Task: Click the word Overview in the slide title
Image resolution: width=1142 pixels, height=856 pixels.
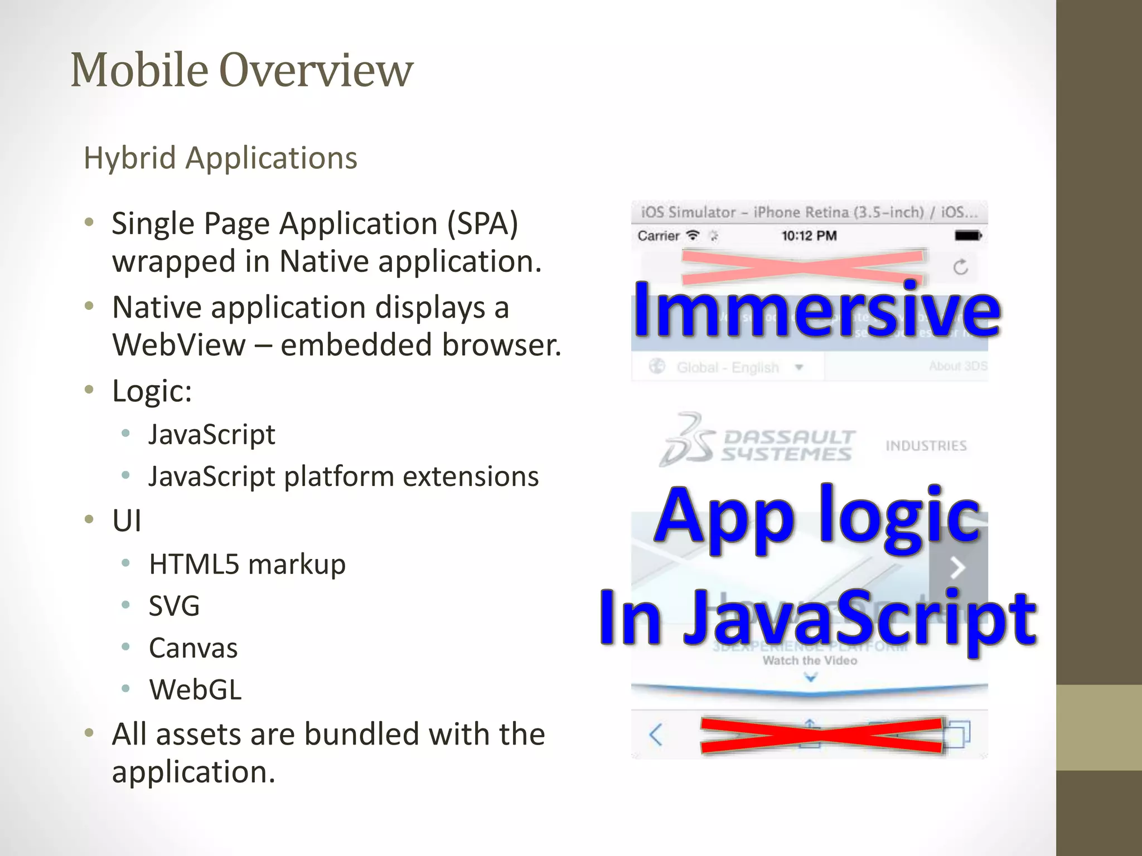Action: pyautogui.click(x=316, y=70)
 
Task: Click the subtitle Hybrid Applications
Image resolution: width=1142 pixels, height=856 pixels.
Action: pyautogui.click(x=220, y=158)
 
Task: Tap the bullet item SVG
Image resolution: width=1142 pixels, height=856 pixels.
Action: pyautogui.click(x=174, y=606)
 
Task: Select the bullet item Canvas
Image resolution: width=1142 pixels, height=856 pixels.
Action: pyautogui.click(x=193, y=648)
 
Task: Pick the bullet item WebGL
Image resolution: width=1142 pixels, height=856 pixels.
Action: pyautogui.click(x=195, y=690)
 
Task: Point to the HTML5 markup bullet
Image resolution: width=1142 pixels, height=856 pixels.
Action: pyautogui.click(x=247, y=564)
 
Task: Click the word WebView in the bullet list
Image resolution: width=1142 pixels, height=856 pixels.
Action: pyautogui.click(x=178, y=345)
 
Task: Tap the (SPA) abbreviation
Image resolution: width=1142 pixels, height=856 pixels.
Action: pyautogui.click(x=483, y=224)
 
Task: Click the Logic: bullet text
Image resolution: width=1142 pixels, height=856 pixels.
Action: pyautogui.click(x=152, y=391)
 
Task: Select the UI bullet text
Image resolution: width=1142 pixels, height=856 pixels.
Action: pyautogui.click(x=127, y=521)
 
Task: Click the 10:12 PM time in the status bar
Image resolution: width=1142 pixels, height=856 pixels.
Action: pyautogui.click(x=809, y=236)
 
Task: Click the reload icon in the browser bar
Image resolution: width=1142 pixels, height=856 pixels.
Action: pyautogui.click(x=960, y=267)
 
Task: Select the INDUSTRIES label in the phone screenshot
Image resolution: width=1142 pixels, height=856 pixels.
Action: pyautogui.click(x=926, y=446)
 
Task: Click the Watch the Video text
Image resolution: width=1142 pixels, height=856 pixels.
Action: pyautogui.click(x=810, y=661)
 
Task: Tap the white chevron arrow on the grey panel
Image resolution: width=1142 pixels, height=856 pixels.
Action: pyautogui.click(x=957, y=568)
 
